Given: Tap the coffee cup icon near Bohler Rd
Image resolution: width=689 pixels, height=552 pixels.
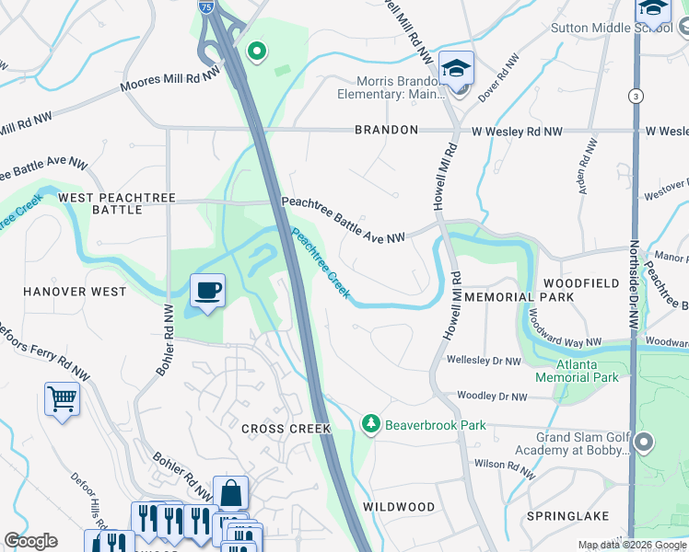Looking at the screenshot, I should (207, 292).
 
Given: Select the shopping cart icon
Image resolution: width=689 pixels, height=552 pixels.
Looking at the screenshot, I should (62, 399).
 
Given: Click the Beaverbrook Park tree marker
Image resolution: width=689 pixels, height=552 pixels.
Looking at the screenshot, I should (370, 423).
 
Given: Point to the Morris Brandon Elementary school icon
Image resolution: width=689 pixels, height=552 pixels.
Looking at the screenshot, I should (456, 69).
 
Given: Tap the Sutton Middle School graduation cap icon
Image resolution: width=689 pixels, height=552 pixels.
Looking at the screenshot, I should (652, 9).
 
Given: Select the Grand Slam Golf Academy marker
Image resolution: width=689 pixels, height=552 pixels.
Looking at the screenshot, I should (644, 443).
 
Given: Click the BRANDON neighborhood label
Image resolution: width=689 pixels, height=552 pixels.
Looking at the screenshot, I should (387, 131).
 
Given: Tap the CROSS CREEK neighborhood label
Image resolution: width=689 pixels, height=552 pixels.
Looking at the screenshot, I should (279, 430).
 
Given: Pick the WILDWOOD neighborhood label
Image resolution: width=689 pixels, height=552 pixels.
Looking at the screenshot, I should (399, 507).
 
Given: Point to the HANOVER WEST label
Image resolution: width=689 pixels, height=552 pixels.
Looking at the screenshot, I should (75, 292).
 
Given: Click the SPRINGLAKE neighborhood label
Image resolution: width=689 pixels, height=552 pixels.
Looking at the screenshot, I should (565, 516).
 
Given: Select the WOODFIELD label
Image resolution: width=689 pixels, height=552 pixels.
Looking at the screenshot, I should (581, 283).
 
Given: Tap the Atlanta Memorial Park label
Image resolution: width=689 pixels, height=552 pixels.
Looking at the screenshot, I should (577, 371).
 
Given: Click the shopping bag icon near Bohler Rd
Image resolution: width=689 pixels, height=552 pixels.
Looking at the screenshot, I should (230, 492).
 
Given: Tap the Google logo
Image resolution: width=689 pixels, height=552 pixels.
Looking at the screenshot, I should (30, 541).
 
